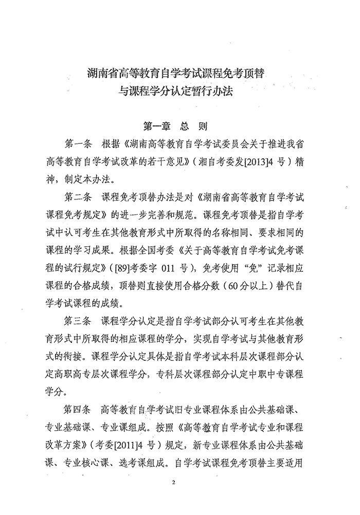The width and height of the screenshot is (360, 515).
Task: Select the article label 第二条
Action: (x=78, y=198)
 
